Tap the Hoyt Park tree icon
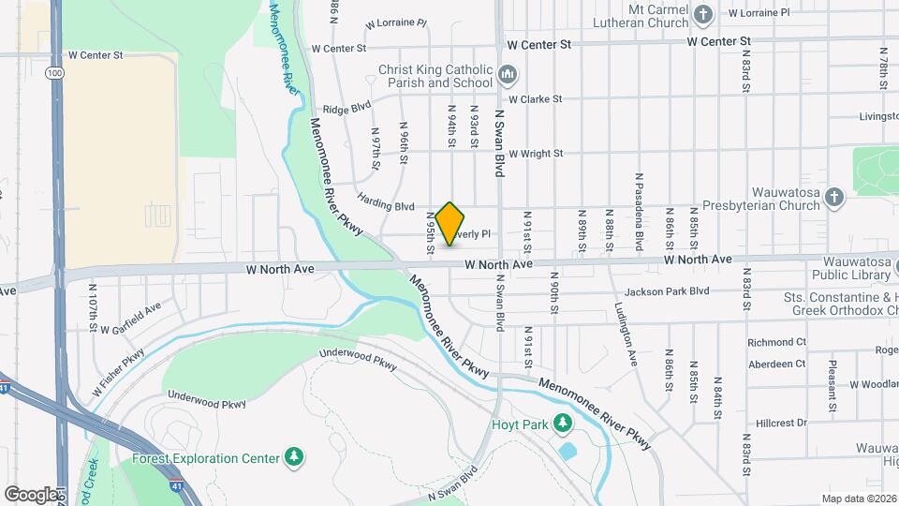[x=563, y=424]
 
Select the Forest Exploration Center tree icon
[x=295, y=457]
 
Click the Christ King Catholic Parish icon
[x=508, y=73]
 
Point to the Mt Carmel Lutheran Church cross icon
[x=705, y=13]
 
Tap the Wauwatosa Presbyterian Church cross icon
[x=834, y=197]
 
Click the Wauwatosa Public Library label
[x=839, y=268]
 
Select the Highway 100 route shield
[x=55, y=72]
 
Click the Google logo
[x=31, y=494]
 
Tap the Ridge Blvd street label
[x=346, y=109]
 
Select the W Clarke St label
[x=535, y=98]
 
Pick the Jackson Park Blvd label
[x=668, y=291]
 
